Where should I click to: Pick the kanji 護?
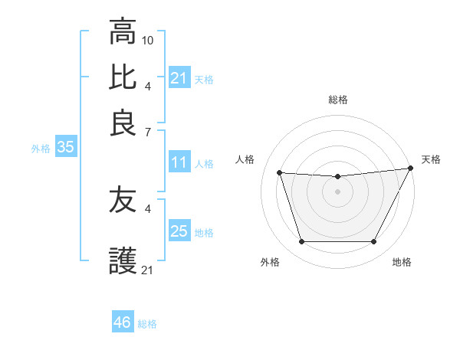click(x=123, y=261)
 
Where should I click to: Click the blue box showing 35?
click(x=65, y=148)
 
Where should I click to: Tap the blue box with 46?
click(x=123, y=322)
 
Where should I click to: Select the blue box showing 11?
click(x=179, y=163)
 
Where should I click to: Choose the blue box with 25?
click(x=179, y=231)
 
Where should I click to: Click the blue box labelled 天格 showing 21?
click(x=179, y=78)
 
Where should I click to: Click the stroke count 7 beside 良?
click(x=147, y=131)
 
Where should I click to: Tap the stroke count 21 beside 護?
click(x=148, y=270)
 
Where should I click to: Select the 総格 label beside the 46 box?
click(x=147, y=324)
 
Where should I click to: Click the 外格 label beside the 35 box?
click(x=41, y=149)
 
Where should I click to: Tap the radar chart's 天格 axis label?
click(x=431, y=159)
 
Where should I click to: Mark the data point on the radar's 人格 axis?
click(x=280, y=173)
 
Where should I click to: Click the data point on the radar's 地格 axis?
click(x=373, y=242)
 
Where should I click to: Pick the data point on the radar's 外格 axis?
click(x=301, y=242)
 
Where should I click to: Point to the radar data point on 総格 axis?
click(x=337, y=177)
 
